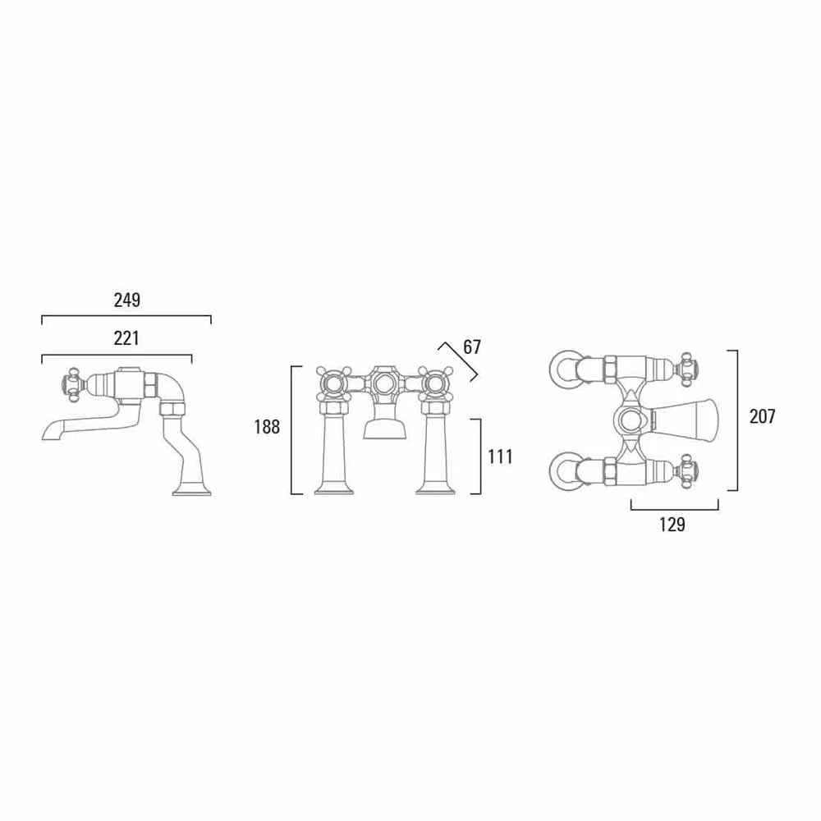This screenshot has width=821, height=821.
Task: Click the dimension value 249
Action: (x=126, y=300)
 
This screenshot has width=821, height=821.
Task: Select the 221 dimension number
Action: (x=126, y=337)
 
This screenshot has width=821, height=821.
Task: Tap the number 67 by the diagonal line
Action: (x=471, y=347)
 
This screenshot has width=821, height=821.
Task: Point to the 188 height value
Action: (x=267, y=427)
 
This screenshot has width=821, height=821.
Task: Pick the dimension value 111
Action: (x=500, y=457)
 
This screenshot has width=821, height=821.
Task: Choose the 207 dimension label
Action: (x=762, y=416)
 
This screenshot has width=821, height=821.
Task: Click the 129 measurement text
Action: (x=672, y=525)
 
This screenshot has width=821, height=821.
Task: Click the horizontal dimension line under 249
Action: (x=126, y=316)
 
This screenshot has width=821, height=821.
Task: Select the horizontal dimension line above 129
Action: (x=674, y=510)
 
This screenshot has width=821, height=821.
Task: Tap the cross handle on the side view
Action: (x=73, y=384)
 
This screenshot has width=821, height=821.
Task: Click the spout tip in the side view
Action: (x=48, y=433)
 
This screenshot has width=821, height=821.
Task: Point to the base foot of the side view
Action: (x=193, y=492)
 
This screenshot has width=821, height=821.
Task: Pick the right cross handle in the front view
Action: (x=435, y=382)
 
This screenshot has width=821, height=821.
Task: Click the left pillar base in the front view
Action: (x=334, y=490)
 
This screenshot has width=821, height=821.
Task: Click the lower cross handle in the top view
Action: (x=685, y=472)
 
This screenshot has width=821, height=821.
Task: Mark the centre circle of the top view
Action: (x=631, y=421)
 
